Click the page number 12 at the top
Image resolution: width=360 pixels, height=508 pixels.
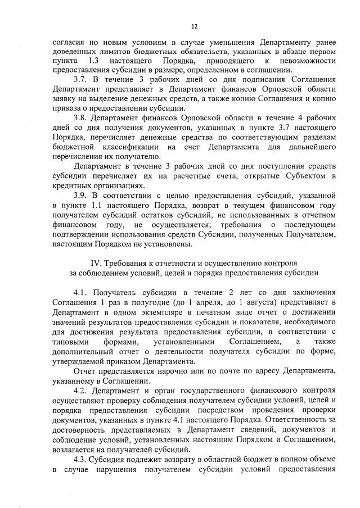(x=194, y=26)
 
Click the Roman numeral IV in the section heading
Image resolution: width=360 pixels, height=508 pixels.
(x=94, y=263)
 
